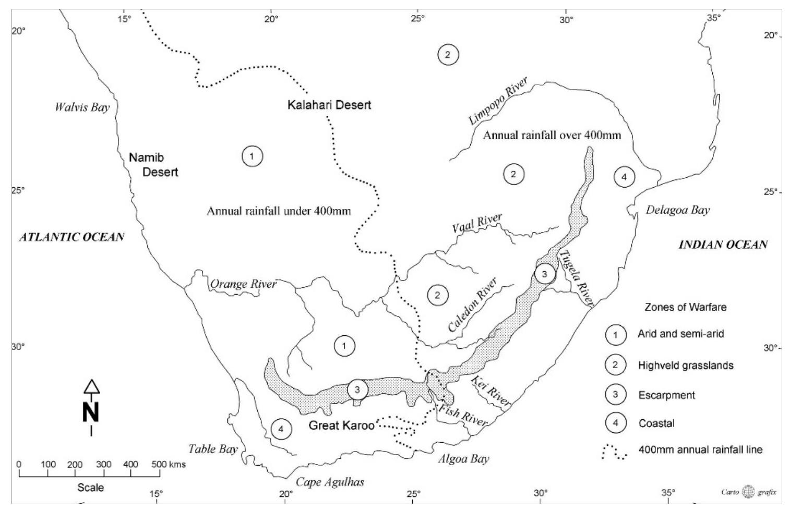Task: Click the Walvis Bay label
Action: (82, 108)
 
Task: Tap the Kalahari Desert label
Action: (329, 105)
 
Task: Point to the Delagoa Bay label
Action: (678, 210)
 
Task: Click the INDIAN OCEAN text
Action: (723, 245)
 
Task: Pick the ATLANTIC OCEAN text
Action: (72, 237)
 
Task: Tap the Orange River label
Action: (243, 284)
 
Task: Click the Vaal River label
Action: (477, 223)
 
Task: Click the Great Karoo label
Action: (341, 425)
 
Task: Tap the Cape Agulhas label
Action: (330, 482)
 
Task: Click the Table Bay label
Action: (213, 449)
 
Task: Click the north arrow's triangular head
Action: (91, 386)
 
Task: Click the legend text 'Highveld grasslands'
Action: (686, 365)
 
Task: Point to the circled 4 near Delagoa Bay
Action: (624, 177)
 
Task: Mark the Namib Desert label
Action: (154, 165)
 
